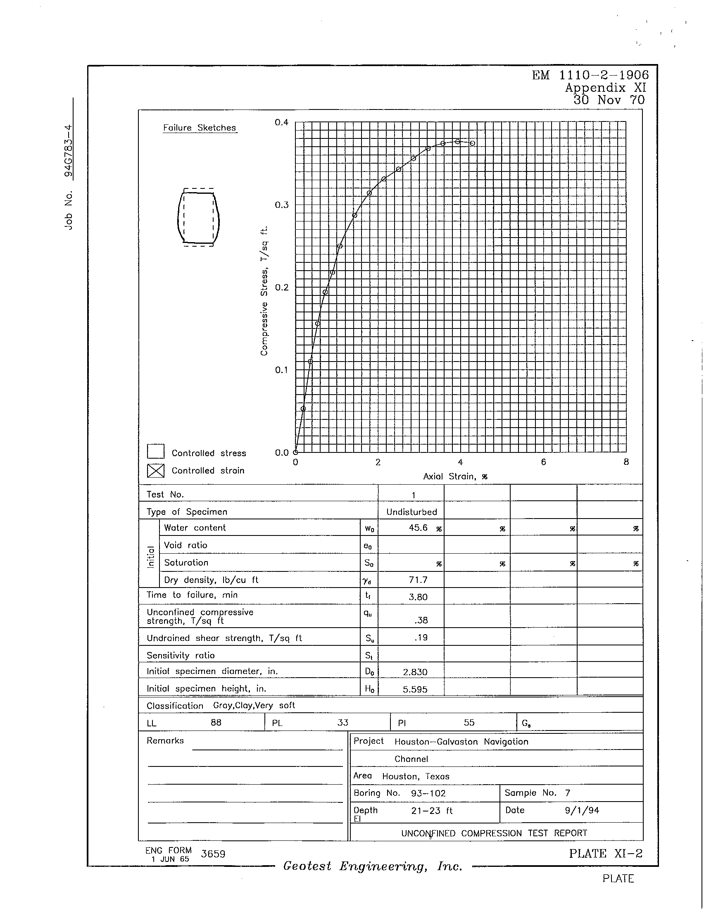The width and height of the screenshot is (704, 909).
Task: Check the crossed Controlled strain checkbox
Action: click(x=156, y=471)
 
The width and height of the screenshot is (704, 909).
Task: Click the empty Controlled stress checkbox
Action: click(x=156, y=452)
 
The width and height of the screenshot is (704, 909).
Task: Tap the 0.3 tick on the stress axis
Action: click(x=282, y=205)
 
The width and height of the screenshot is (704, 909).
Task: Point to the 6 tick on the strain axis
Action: click(x=543, y=462)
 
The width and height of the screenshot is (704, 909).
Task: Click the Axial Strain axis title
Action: click(x=455, y=476)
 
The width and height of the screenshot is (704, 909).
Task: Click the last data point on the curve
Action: click(x=472, y=143)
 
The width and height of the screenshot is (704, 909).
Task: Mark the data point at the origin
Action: click(x=295, y=452)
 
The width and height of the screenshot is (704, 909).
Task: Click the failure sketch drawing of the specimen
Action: click(x=198, y=218)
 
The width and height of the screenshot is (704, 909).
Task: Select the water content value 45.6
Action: click(x=418, y=528)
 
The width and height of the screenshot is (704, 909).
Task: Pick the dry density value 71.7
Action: click(x=418, y=580)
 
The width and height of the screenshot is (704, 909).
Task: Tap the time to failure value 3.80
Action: click(x=418, y=597)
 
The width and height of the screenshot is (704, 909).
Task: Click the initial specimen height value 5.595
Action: click(x=415, y=689)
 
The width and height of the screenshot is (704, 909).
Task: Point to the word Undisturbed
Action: click(x=411, y=512)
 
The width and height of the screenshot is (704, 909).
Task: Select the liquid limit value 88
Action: click(x=216, y=722)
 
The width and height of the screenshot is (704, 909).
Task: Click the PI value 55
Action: click(x=469, y=722)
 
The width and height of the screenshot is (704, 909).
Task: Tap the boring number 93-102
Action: click(x=428, y=793)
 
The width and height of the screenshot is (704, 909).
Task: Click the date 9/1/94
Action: click(x=582, y=810)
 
